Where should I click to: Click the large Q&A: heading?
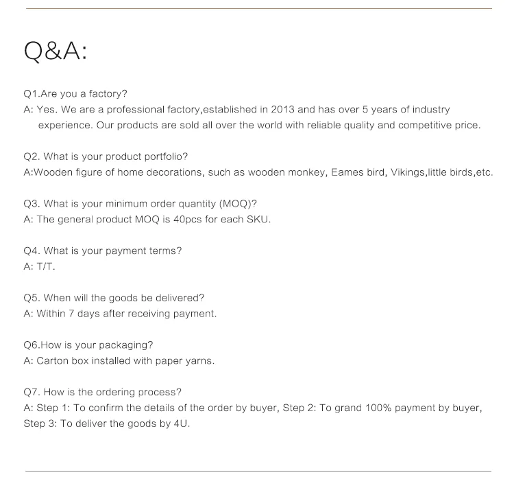[x=56, y=51]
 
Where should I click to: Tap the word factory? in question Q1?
[x=108, y=94]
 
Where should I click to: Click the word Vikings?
[x=406, y=173]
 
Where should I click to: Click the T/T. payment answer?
[x=45, y=266]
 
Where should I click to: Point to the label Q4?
[x=32, y=251]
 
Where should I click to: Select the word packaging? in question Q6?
[x=126, y=345]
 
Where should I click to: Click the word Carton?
[x=52, y=361]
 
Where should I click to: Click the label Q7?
[x=32, y=393]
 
